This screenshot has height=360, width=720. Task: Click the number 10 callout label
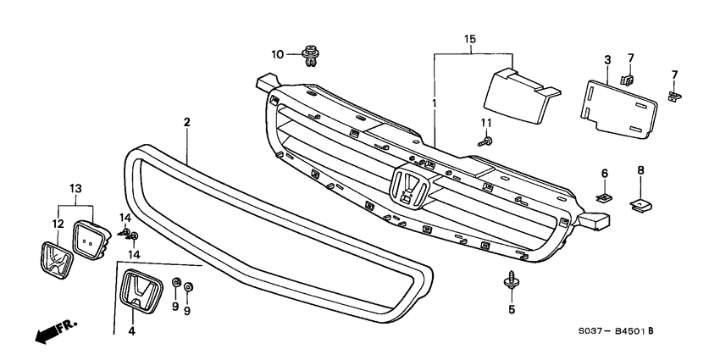tap(278, 55)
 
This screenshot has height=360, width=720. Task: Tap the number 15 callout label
tap(470, 39)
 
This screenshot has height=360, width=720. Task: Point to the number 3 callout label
tap(607, 59)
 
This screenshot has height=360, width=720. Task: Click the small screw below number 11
tap(487, 145)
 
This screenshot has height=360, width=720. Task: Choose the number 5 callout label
tap(512, 309)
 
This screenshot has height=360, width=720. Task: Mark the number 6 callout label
tap(605, 173)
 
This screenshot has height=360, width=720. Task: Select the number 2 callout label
tap(186, 123)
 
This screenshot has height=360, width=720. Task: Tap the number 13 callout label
tap(75, 187)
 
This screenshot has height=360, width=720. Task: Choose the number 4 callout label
tap(131, 331)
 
